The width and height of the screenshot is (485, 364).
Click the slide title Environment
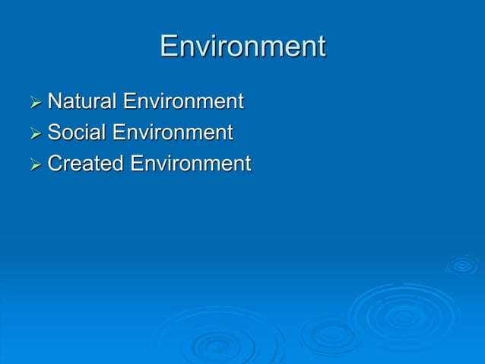242,46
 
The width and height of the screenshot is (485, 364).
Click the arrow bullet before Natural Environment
35,102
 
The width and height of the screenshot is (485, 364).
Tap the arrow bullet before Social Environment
35,133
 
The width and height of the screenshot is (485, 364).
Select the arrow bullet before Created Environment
35,164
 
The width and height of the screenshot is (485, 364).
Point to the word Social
77,133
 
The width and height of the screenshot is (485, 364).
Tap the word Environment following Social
173,133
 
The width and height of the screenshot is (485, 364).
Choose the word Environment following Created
190,164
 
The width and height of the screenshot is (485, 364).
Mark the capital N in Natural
54,101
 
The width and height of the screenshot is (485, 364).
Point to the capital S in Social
54,133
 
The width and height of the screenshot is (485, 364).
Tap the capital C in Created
55,164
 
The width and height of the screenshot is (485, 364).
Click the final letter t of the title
320,47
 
